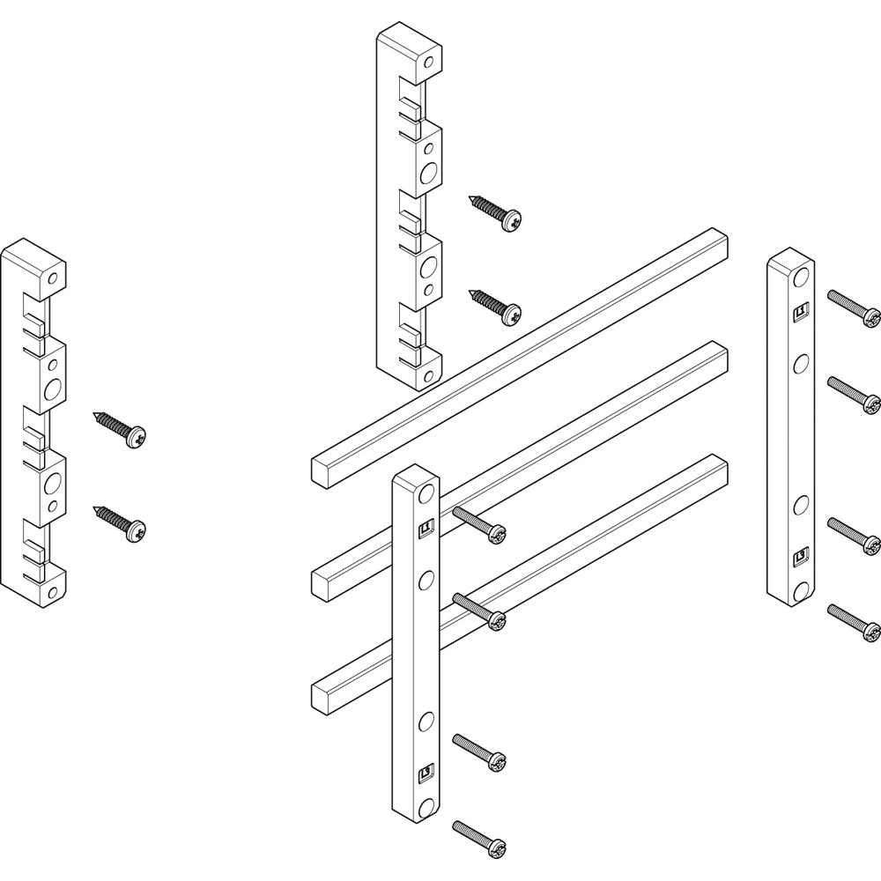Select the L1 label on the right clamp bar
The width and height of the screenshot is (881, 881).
point(802,310)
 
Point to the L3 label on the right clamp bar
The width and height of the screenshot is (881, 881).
point(802,555)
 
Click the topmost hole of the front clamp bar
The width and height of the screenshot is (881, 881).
point(427,492)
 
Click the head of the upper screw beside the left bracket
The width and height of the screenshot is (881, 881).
point(136,435)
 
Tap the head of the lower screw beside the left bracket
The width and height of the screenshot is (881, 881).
point(136,530)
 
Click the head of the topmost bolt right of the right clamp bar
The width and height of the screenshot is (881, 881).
point(870,316)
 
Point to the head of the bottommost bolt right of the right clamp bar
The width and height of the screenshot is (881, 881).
point(870,631)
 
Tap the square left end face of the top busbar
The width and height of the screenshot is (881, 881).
point(324,468)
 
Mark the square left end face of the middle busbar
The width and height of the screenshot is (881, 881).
point(324,582)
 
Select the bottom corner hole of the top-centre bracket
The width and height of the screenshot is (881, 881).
point(428,375)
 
